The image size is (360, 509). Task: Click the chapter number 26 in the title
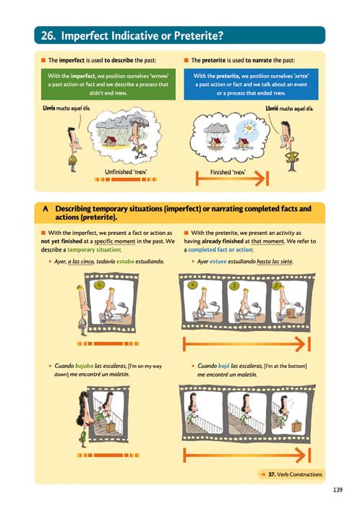pos(48,35)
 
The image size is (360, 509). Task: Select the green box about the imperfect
pos(108,84)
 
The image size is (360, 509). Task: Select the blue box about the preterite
pos(251,84)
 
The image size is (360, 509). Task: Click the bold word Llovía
pos(48,108)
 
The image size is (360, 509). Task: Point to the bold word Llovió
pos(272,108)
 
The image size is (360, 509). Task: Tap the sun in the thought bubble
pos(249,128)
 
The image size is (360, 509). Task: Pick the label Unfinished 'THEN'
pos(126,172)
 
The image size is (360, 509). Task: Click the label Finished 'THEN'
pos(228,172)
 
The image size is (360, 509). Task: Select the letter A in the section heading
pos(46,208)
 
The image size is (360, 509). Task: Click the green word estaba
pos(125,261)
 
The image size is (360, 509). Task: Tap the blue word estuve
pos(218,261)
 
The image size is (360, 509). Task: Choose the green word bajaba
pos(84,366)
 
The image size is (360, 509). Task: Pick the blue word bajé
pos(224,366)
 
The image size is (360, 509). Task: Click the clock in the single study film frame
pos(99,285)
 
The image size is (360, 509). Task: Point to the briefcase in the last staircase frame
pos(296,426)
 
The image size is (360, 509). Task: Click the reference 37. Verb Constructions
pos(295,474)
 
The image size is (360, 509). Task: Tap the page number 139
pos(338,489)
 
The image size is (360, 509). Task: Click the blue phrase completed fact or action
pos(220,249)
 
